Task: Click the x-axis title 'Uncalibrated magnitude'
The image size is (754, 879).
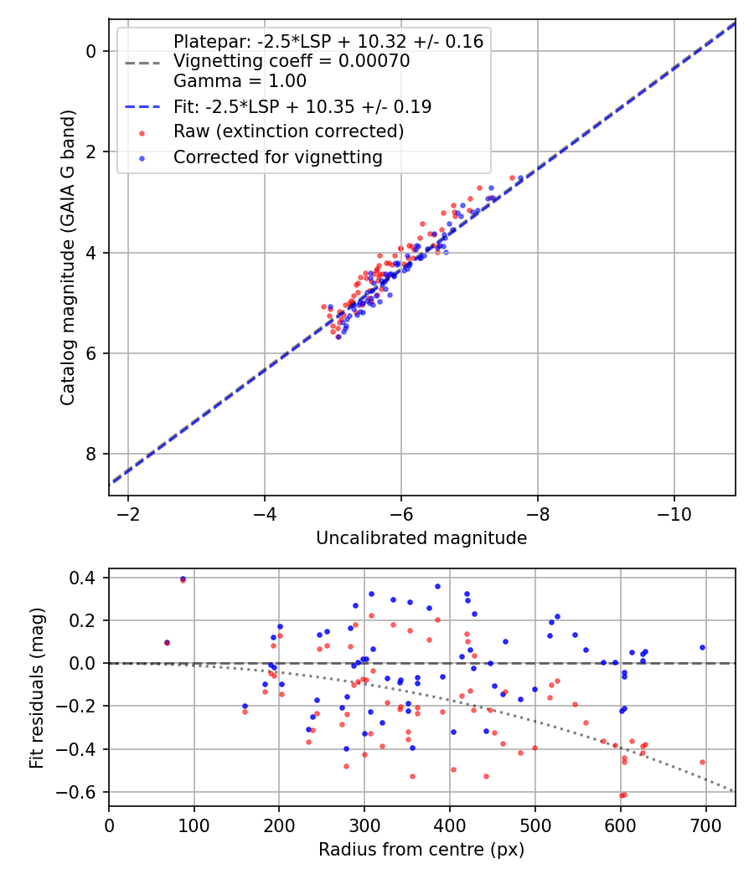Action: [421, 538]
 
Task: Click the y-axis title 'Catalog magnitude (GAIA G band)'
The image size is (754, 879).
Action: [68, 258]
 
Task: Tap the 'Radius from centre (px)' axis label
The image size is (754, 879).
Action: [421, 850]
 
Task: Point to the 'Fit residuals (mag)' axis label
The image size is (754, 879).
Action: [37, 687]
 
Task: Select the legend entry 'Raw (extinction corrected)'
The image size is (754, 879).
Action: [288, 131]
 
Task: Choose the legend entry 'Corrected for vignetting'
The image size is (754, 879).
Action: [277, 157]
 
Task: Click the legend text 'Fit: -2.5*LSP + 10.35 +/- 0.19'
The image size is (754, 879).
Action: [302, 106]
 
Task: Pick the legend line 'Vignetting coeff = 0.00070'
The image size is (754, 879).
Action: [292, 61]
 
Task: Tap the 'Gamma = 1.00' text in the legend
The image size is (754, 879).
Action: [240, 81]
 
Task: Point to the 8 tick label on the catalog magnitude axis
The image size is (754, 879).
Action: [92, 454]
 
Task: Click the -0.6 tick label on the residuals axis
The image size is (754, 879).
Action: [82, 792]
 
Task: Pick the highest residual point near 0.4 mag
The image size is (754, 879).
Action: [183, 578]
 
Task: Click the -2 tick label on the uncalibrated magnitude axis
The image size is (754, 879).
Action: [128, 512]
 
